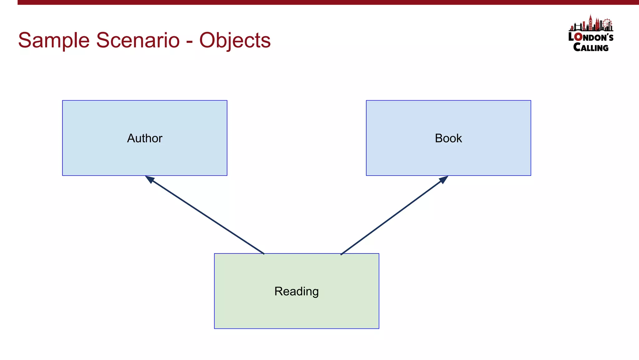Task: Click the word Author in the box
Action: click(144, 138)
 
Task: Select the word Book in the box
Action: click(448, 138)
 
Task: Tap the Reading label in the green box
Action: click(296, 291)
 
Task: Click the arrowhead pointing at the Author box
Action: click(149, 179)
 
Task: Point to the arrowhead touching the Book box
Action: click(444, 179)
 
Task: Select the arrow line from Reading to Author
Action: click(206, 216)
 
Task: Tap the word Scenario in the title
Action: click(138, 40)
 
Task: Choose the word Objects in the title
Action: click(235, 40)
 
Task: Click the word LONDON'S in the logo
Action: click(591, 37)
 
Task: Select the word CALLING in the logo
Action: click(591, 47)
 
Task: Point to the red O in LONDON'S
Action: click(578, 37)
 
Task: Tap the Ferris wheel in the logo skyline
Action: click(607, 24)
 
